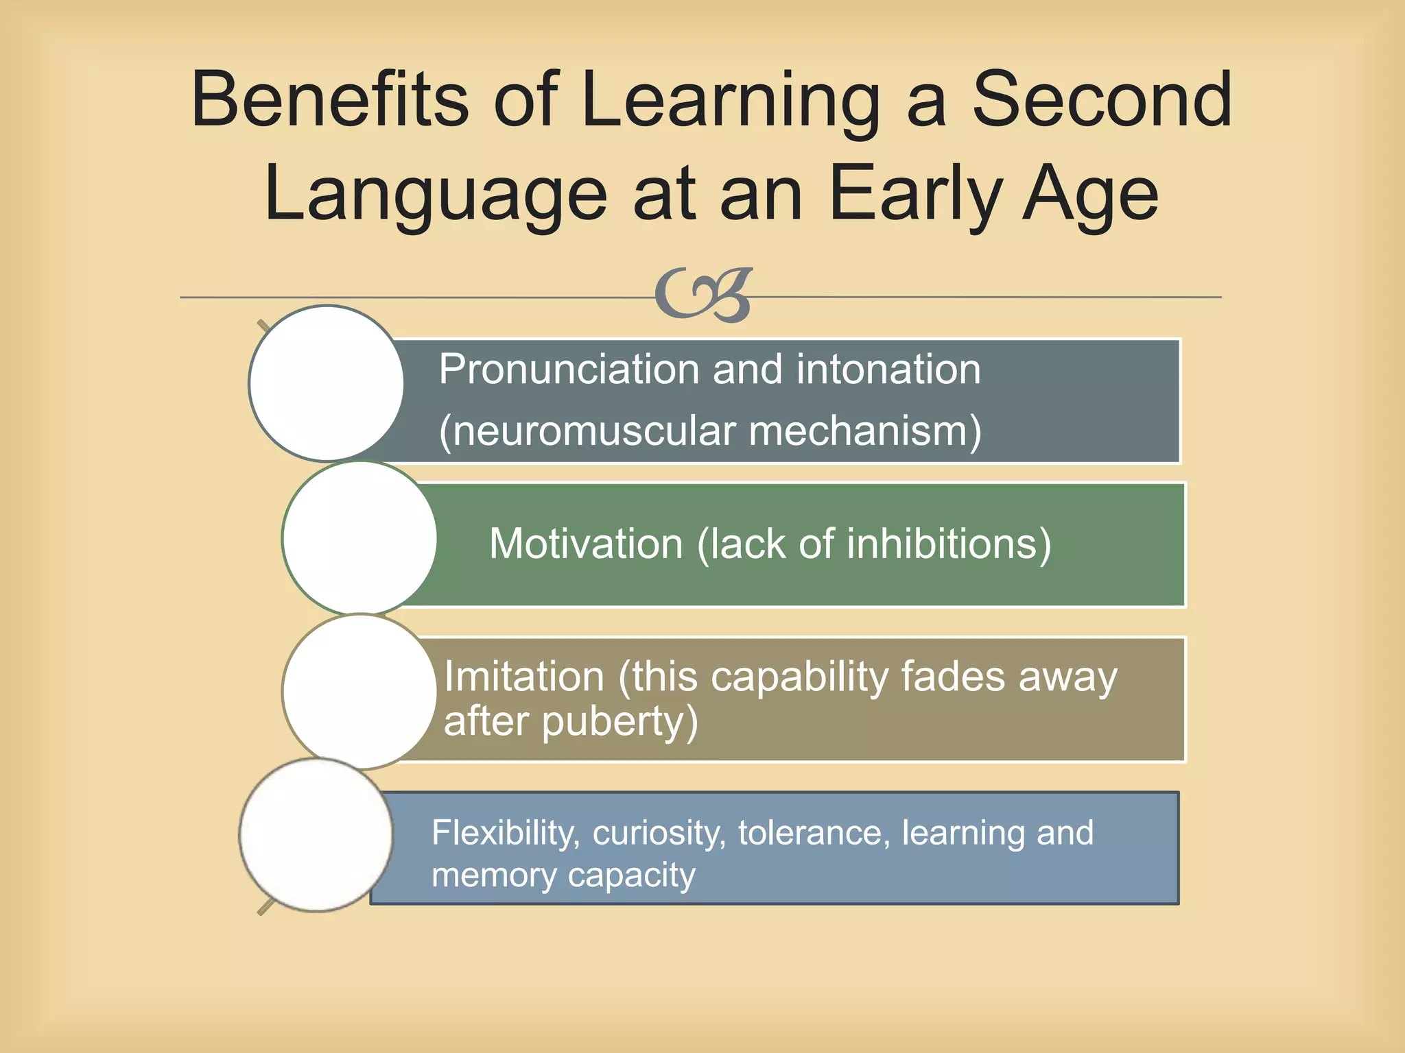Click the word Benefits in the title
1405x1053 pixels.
(x=330, y=101)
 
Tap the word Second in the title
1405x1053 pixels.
(x=1102, y=101)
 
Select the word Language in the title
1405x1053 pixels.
(x=436, y=195)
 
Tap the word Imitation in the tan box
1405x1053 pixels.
(x=524, y=677)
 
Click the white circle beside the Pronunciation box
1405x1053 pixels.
(x=327, y=383)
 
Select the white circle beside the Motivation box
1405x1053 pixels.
(x=359, y=538)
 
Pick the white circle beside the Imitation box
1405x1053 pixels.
(x=359, y=692)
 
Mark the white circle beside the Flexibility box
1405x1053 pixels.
(x=316, y=835)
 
